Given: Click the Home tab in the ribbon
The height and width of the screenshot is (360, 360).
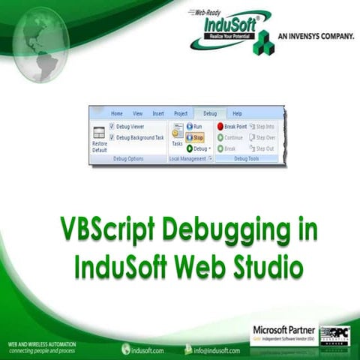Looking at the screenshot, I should pos(117,113).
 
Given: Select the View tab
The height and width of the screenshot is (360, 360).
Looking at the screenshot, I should pos(137,113).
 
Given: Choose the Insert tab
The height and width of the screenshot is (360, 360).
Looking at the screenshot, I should pos(158,113).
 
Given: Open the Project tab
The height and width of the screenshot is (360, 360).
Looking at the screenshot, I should pos(181,113).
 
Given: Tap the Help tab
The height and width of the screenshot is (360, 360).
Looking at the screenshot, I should pos(237,113).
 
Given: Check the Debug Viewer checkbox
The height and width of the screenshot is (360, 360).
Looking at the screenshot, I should pos(112,127).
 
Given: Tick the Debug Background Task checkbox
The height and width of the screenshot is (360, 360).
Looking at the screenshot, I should pos(112,138).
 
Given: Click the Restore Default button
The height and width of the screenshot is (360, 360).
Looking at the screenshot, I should pos(100,138).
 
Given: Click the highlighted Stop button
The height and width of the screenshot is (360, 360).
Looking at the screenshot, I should pos(195,138).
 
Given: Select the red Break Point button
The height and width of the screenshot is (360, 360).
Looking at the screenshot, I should pos(231,127).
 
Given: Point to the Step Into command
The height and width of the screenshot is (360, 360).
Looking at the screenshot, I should pos(262,127).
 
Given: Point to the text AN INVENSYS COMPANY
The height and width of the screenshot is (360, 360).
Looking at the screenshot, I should pos(316,34).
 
